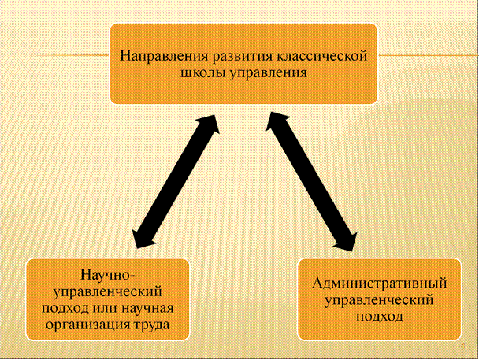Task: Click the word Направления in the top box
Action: [x=155, y=57]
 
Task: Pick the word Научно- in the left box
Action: [x=108, y=276]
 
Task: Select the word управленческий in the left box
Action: [x=107, y=291]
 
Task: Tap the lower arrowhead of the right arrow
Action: [x=346, y=236]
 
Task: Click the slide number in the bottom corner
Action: [x=463, y=347]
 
